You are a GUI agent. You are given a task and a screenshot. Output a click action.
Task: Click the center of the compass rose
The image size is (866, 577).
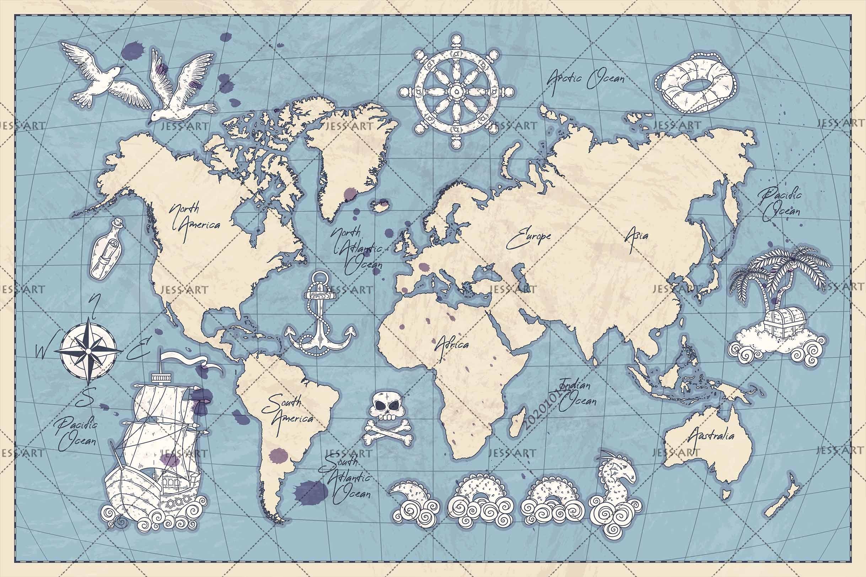89,352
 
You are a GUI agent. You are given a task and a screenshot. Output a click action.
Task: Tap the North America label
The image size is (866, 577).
194,219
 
